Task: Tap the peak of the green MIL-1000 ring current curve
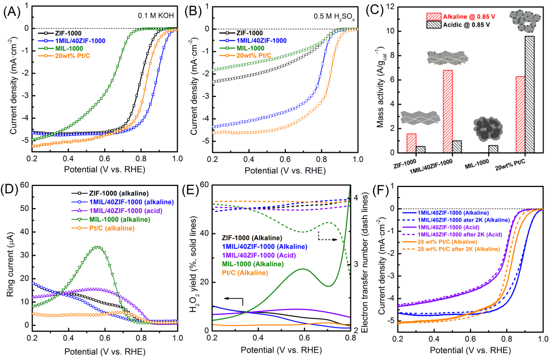pyautogui.click(x=97, y=247)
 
